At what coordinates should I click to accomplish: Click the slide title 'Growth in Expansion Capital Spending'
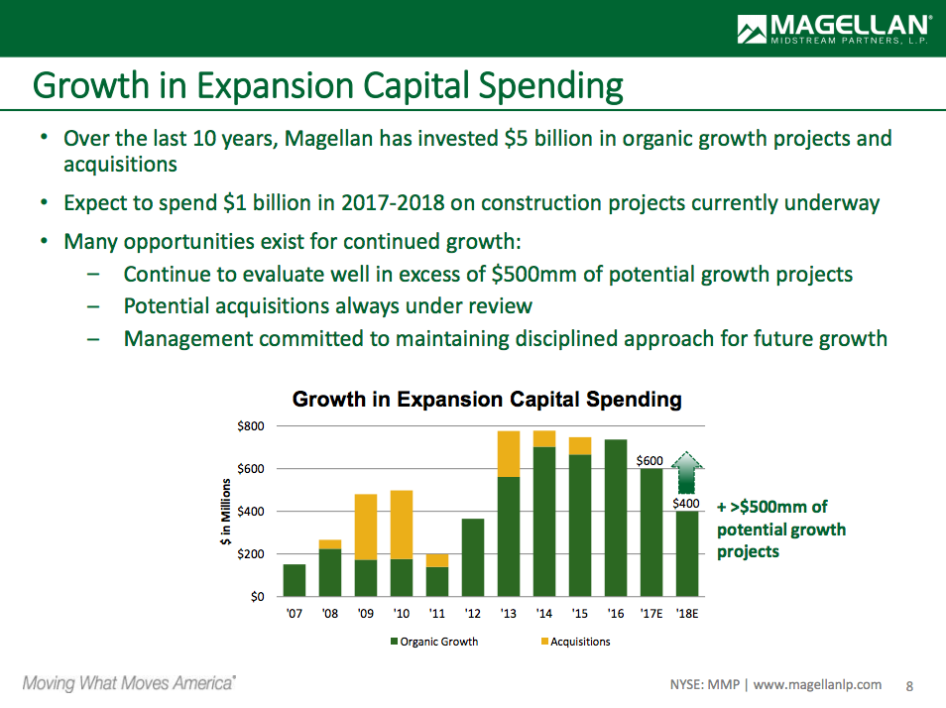click(x=328, y=86)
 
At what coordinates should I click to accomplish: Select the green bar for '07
click(x=295, y=580)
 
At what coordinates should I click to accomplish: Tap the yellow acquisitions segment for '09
click(x=366, y=527)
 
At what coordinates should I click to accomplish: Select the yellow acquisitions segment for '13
click(x=509, y=454)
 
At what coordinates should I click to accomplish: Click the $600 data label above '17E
click(x=650, y=460)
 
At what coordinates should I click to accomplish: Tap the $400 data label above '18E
click(x=686, y=504)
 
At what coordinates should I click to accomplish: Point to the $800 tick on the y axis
click(x=251, y=426)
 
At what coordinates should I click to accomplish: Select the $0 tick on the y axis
click(x=257, y=596)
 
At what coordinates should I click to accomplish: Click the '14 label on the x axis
click(x=544, y=614)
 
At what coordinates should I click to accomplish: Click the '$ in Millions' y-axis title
click(x=226, y=512)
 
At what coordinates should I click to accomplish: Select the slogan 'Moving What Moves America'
click(x=129, y=683)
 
